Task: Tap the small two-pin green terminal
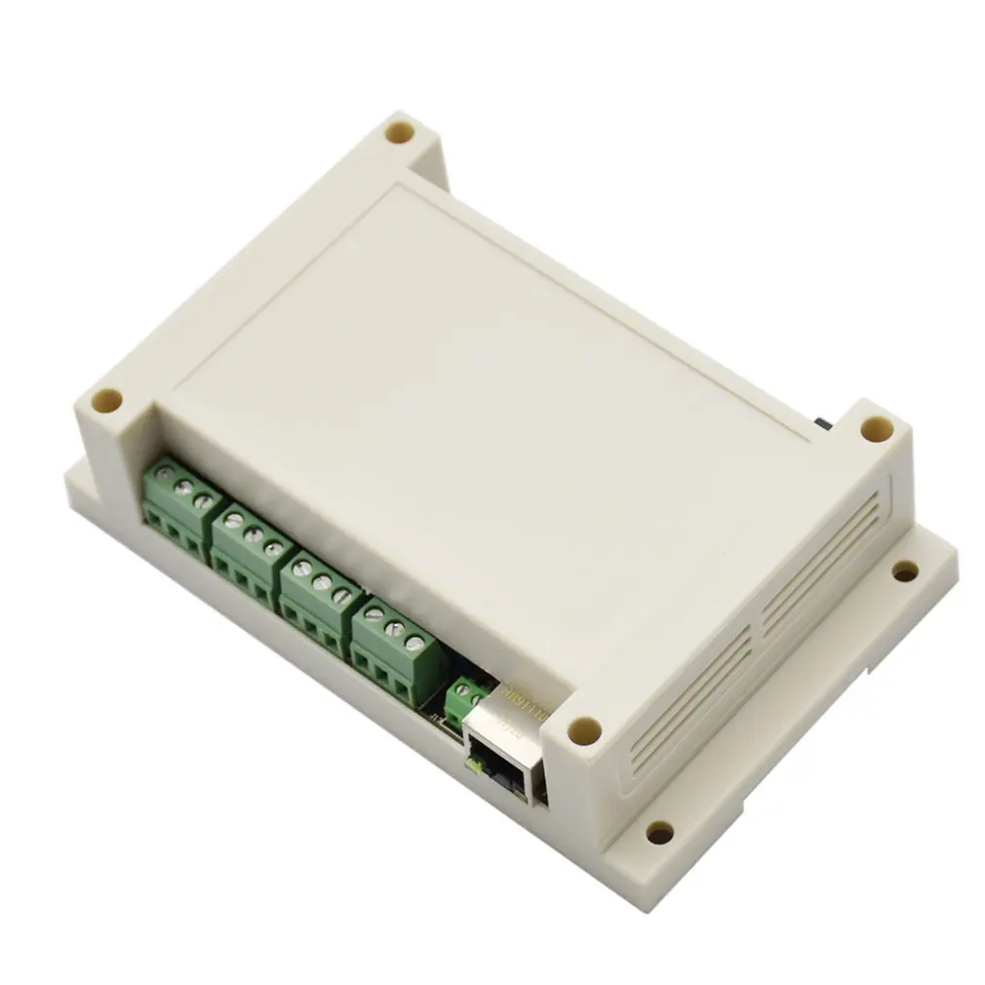466,697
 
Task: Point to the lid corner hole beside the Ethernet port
584,728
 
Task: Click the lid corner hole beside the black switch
876,428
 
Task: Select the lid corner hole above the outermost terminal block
107,400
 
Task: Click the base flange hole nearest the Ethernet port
659,832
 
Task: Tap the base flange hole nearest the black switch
905,571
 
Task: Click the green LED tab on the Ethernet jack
474,767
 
